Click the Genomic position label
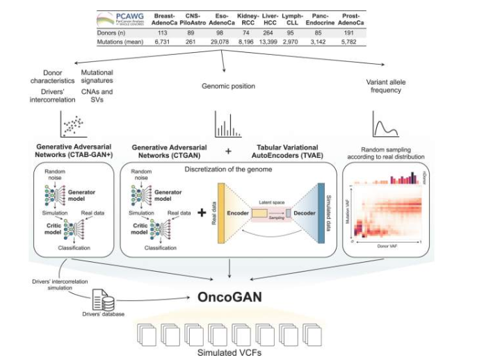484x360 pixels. (x=228, y=86)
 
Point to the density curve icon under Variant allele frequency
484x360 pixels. (x=387, y=125)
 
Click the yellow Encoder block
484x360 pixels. (x=236, y=213)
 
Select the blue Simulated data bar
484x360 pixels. (x=322, y=213)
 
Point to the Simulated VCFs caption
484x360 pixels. (x=228, y=353)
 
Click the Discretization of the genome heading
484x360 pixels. (x=228, y=169)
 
